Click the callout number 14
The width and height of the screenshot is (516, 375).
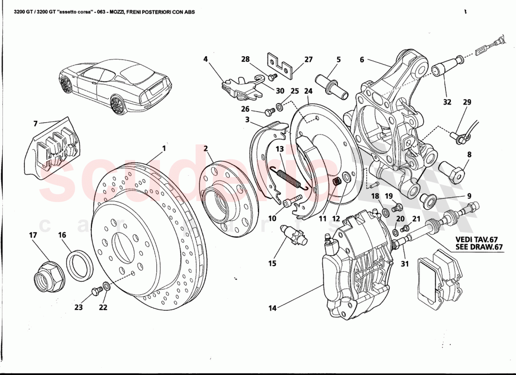(273, 308)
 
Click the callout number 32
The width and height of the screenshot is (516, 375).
(447, 101)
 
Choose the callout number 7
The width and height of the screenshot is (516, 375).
(35, 124)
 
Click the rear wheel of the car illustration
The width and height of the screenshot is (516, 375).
(119, 105)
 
